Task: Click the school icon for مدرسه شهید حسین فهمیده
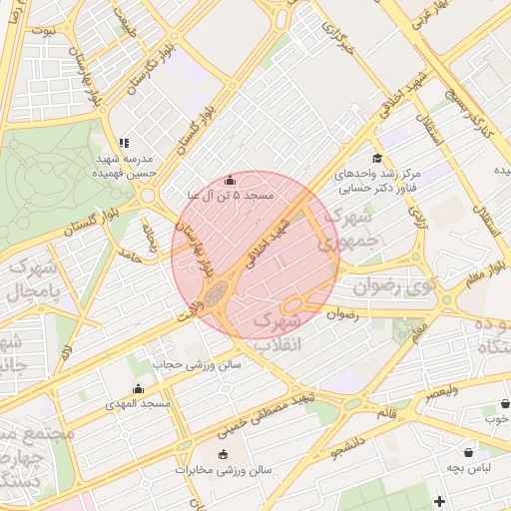pyautogui.click(x=124, y=144)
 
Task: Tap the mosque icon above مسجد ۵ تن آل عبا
pyautogui.click(x=231, y=181)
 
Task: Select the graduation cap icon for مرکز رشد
pyautogui.click(x=376, y=158)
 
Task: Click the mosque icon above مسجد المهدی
pyautogui.click(x=138, y=389)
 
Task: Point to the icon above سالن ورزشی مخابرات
pyautogui.click(x=222, y=455)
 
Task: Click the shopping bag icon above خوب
pyautogui.click(x=505, y=405)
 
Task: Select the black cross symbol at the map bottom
pyautogui.click(x=439, y=500)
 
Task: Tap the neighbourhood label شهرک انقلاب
pyautogui.click(x=276, y=333)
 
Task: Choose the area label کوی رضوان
pyautogui.click(x=395, y=286)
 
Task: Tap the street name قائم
pyautogui.click(x=385, y=412)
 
